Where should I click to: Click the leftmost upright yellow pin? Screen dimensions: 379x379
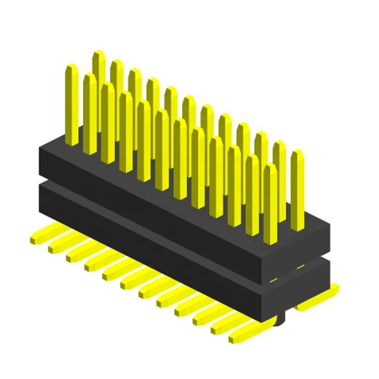point(72,106)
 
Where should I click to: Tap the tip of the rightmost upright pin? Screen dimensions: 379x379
point(297,153)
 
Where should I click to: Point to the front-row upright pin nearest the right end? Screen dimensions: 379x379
point(270,202)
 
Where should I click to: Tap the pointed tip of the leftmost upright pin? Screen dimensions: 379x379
point(72,66)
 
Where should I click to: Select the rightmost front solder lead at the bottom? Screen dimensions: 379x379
point(243,334)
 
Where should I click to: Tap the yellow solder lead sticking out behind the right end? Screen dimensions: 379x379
point(318,301)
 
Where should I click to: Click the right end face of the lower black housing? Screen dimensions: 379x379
point(303,288)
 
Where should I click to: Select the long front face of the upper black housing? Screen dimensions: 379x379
point(152,202)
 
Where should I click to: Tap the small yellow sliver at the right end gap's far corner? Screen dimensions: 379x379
point(300,266)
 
